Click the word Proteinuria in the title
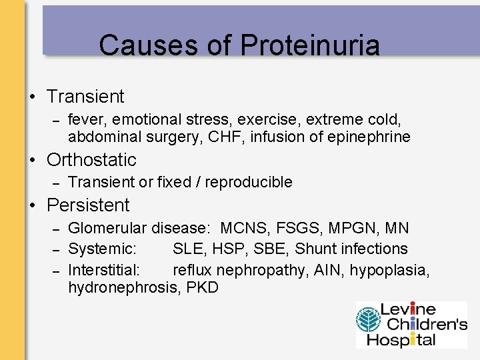(310, 46)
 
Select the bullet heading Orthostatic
(91, 160)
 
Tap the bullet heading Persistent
(88, 205)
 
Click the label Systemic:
(103, 249)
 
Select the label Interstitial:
(104, 270)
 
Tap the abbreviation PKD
(202, 289)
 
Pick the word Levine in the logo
(408, 310)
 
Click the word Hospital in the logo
(407, 339)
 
